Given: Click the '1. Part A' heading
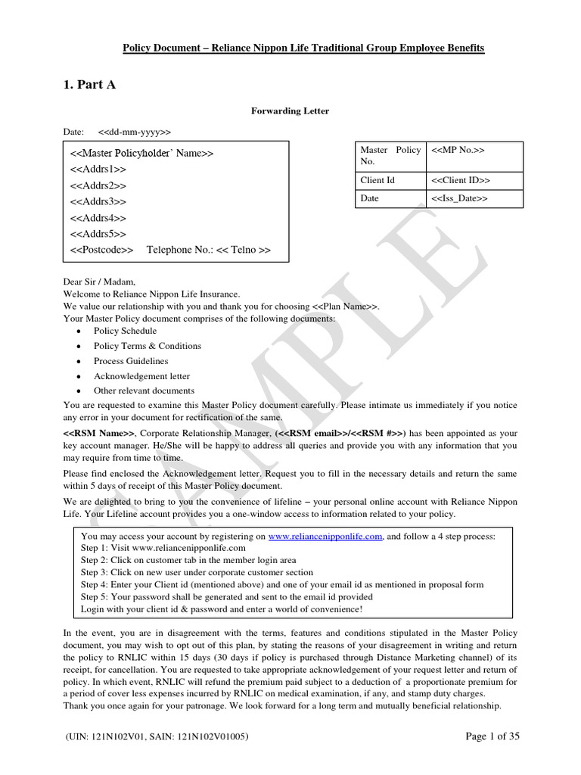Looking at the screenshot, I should click(90, 85).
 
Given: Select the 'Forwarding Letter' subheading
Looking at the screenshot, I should click(290, 111).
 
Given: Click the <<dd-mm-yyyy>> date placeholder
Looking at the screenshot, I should click(135, 132).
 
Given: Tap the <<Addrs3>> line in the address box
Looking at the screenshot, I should click(98, 202).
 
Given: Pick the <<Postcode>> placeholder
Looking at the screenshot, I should click(101, 250).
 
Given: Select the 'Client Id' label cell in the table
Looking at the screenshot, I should click(378, 181).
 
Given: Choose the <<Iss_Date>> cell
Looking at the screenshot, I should click(459, 198).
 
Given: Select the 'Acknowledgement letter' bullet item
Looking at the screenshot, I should click(141, 376).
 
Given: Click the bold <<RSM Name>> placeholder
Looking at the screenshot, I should click(99, 433).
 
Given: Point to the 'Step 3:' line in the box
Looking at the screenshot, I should click(197, 572).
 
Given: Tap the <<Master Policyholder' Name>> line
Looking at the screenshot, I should click(142, 153).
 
